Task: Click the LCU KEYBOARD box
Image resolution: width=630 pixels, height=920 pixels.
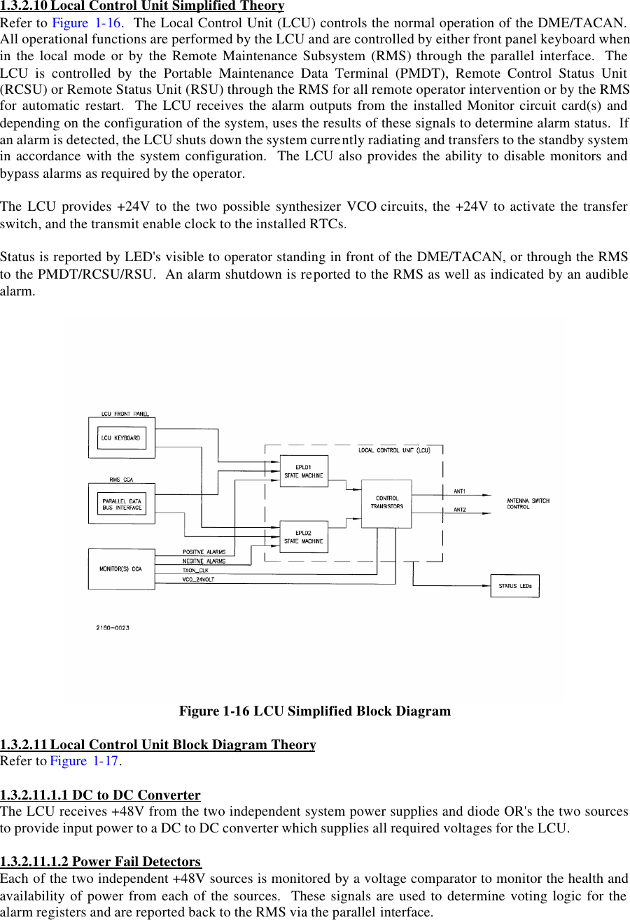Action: coord(122,438)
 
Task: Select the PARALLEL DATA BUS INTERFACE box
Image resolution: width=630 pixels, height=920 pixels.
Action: coord(122,503)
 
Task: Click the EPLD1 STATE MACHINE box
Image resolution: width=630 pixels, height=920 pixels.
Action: coord(303,471)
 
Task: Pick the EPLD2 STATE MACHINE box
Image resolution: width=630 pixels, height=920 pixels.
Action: coord(303,537)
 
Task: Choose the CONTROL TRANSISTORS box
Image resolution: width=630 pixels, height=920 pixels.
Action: coord(386,503)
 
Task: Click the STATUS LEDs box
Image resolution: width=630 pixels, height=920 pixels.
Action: coord(514,585)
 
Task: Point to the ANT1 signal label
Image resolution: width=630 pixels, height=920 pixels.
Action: coord(460,492)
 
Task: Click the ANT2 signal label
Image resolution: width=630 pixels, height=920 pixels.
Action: coord(460,509)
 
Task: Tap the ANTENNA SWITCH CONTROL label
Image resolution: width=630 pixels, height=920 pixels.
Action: coord(528,503)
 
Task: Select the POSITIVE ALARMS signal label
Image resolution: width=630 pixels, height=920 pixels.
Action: coord(204,552)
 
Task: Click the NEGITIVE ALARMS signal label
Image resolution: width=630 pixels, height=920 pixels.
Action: coord(204,562)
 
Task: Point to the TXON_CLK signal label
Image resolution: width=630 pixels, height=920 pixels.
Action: coord(195,571)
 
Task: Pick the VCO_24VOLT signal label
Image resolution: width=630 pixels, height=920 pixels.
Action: coord(198,580)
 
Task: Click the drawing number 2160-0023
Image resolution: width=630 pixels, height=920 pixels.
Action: coord(112,627)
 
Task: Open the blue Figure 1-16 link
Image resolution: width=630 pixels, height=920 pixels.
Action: coord(88,22)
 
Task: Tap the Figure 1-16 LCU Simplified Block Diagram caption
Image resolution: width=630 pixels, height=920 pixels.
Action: coord(315,711)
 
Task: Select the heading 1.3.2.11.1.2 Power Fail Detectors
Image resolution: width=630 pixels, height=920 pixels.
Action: coord(101,861)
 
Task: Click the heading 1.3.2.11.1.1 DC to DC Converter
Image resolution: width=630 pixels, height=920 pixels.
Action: coord(100,795)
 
